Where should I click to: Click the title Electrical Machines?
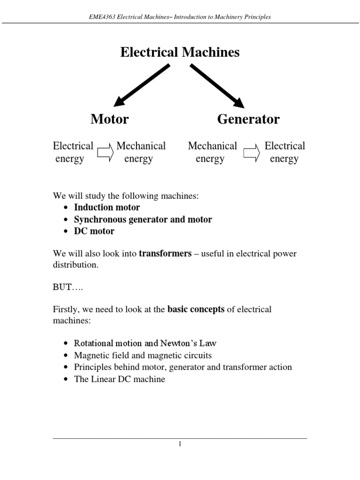(x=180, y=52)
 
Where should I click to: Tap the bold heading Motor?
(x=109, y=119)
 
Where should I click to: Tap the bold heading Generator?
(x=248, y=119)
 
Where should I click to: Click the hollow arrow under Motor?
(x=105, y=153)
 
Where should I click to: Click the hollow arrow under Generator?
(x=251, y=153)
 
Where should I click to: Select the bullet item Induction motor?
(x=107, y=207)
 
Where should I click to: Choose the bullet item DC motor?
(x=94, y=231)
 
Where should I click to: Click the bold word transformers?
(x=165, y=254)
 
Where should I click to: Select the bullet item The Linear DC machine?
(x=120, y=379)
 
